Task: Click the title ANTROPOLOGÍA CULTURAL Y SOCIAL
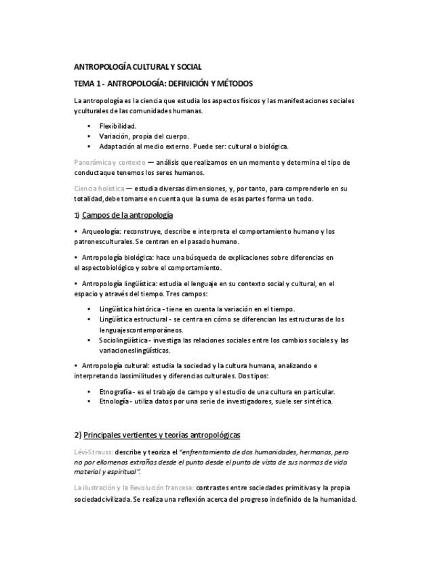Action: pos(137,67)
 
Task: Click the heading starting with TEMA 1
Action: pos(163,83)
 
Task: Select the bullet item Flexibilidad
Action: pos(118,126)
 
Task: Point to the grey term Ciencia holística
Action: pos(99,188)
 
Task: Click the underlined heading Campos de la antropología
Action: pos(127,215)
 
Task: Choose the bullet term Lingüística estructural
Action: pos(132,319)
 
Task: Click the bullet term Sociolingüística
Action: pos(123,340)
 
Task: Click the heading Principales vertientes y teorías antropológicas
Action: pos(162,434)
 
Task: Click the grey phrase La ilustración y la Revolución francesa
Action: pos(134,488)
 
